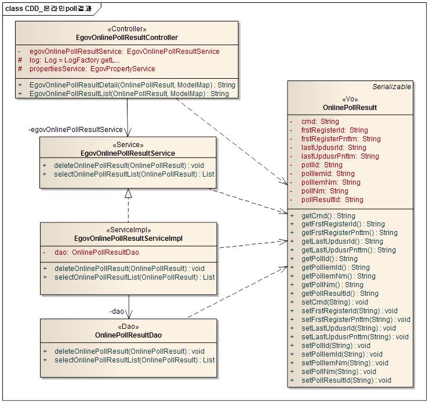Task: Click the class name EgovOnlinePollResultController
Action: coord(127,38)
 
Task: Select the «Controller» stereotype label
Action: coord(127,29)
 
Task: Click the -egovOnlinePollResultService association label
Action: coord(75,130)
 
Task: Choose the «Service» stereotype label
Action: coord(128,145)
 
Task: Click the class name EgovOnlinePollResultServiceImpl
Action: coord(129,238)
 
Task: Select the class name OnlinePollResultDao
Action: coord(128,335)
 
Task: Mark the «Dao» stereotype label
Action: coord(128,327)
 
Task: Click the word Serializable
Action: coord(391,87)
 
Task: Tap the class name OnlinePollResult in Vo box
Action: coord(350,108)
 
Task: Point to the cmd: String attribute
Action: coord(320,122)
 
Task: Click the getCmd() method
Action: coord(328,215)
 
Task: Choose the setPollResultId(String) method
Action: coord(346,380)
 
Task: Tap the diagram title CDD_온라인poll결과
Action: coord(52,8)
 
